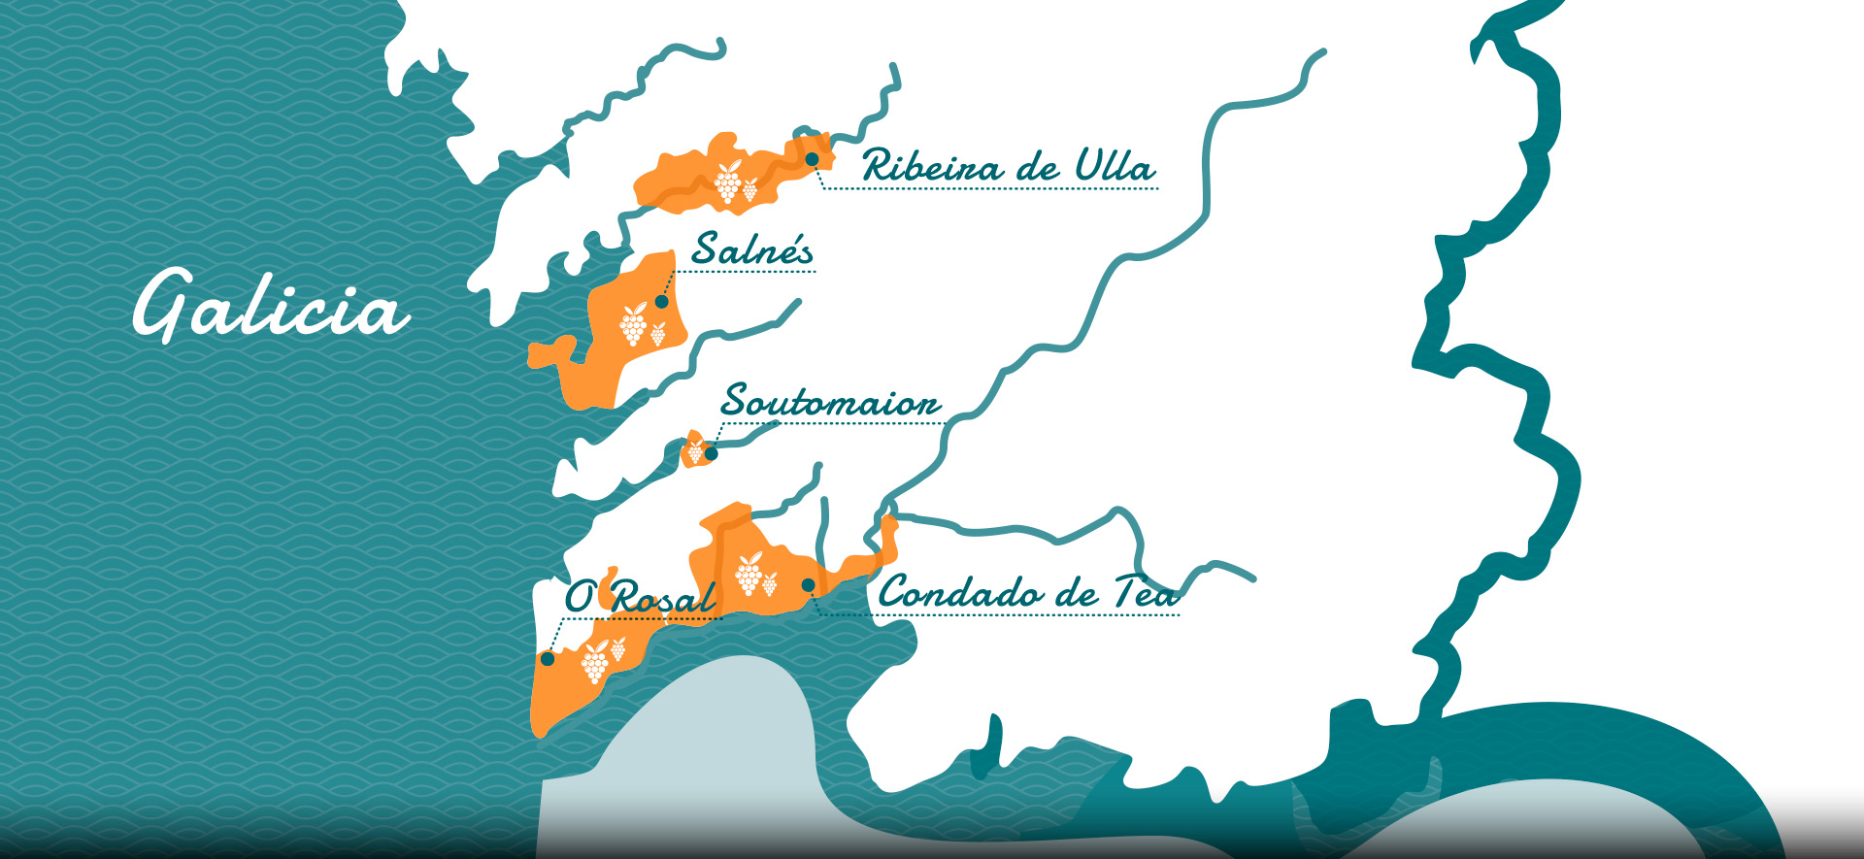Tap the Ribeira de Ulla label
click(x=1008, y=167)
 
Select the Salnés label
click(x=752, y=250)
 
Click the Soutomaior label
click(x=831, y=402)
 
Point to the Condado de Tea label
click(x=1028, y=593)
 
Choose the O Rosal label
click(x=641, y=597)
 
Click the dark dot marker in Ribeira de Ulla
click(x=812, y=158)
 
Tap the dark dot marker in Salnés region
click(x=662, y=301)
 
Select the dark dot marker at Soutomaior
click(x=711, y=453)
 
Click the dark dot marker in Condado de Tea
click(x=808, y=584)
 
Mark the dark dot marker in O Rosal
click(x=548, y=658)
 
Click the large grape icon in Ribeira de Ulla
click(x=728, y=182)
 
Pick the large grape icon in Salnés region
click(x=634, y=324)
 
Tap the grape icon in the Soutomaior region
click(x=695, y=450)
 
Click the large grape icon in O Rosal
click(x=594, y=662)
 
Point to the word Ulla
click(x=1115, y=167)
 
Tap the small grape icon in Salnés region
click(x=658, y=334)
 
